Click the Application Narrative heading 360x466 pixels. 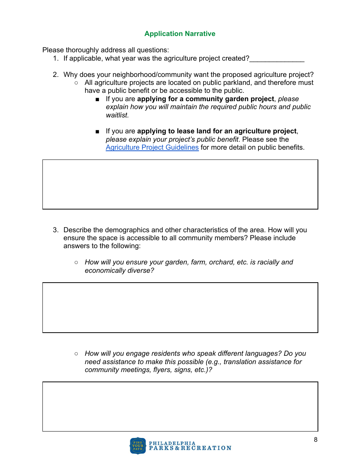[x=180, y=34]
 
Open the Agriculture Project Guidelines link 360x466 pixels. [x=152, y=147]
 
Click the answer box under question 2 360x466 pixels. [x=180, y=185]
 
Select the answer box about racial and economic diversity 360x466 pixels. [x=180, y=308]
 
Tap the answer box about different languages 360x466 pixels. [x=180, y=407]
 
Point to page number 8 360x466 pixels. [x=316, y=440]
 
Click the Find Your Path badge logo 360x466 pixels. [x=138, y=446]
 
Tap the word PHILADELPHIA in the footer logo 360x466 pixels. [x=172, y=443]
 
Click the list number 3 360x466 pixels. [x=55, y=230]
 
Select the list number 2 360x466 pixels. [x=55, y=75]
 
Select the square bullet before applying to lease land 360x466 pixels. [x=98, y=131]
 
